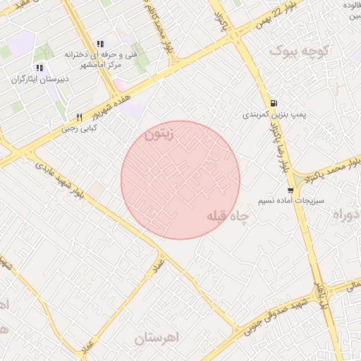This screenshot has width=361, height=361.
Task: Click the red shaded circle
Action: point(180,180)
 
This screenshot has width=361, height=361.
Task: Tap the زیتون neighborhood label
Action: point(158,134)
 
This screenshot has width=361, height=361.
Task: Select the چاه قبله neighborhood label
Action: point(228,217)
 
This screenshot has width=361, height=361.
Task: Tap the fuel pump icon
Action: point(273,103)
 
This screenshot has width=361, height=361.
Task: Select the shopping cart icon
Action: point(290,190)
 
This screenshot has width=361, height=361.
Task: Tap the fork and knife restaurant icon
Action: point(79,117)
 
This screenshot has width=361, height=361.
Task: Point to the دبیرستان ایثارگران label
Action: point(40,79)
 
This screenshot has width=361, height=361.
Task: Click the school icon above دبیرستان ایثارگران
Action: point(39,68)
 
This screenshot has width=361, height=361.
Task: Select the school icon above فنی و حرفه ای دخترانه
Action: point(99,43)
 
